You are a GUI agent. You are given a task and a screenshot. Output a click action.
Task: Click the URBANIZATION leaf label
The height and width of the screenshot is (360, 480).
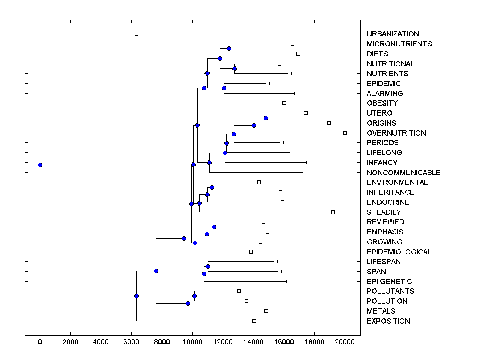(393, 34)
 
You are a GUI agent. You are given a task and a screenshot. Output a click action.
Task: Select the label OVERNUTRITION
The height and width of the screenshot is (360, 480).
(396, 133)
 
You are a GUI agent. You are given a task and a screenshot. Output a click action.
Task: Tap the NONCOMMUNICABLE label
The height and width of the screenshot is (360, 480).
(403, 172)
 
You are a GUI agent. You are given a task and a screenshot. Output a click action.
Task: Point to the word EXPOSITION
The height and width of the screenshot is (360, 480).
(388, 321)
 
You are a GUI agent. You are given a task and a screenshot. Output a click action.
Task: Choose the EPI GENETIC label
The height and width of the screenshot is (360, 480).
(389, 281)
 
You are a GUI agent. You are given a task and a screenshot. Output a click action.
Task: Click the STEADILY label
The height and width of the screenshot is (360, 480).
(384, 212)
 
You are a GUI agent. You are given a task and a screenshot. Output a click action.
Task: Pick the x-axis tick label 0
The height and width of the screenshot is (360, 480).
(40, 342)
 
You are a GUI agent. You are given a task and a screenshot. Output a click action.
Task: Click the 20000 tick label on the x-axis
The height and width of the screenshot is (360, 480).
(345, 342)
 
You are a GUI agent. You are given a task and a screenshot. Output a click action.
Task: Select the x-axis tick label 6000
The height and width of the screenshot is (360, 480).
(132, 342)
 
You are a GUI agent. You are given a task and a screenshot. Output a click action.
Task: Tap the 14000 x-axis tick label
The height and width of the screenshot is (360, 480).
(254, 342)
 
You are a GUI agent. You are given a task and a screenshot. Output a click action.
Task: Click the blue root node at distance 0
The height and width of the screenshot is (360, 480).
(40, 165)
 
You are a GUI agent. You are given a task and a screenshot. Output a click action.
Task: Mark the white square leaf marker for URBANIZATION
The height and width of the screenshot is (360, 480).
(136, 34)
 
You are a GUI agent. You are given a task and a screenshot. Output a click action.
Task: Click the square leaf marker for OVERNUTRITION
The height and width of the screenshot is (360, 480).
(345, 133)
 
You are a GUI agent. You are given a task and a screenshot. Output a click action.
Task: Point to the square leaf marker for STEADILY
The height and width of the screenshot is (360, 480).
(333, 212)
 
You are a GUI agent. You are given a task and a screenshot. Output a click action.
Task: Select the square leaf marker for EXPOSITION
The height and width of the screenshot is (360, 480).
(254, 321)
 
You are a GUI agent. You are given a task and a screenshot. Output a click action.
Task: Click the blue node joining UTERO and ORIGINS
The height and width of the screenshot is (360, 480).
(266, 118)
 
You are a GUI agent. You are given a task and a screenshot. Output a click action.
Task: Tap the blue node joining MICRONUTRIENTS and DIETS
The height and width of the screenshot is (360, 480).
(229, 48)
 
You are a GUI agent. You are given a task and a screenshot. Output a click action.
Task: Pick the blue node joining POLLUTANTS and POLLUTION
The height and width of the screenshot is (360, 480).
(194, 296)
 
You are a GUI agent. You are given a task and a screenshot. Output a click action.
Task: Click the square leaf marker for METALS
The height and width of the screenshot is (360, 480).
(266, 311)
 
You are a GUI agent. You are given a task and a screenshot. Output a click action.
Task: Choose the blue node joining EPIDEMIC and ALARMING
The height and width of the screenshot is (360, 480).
(224, 88)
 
